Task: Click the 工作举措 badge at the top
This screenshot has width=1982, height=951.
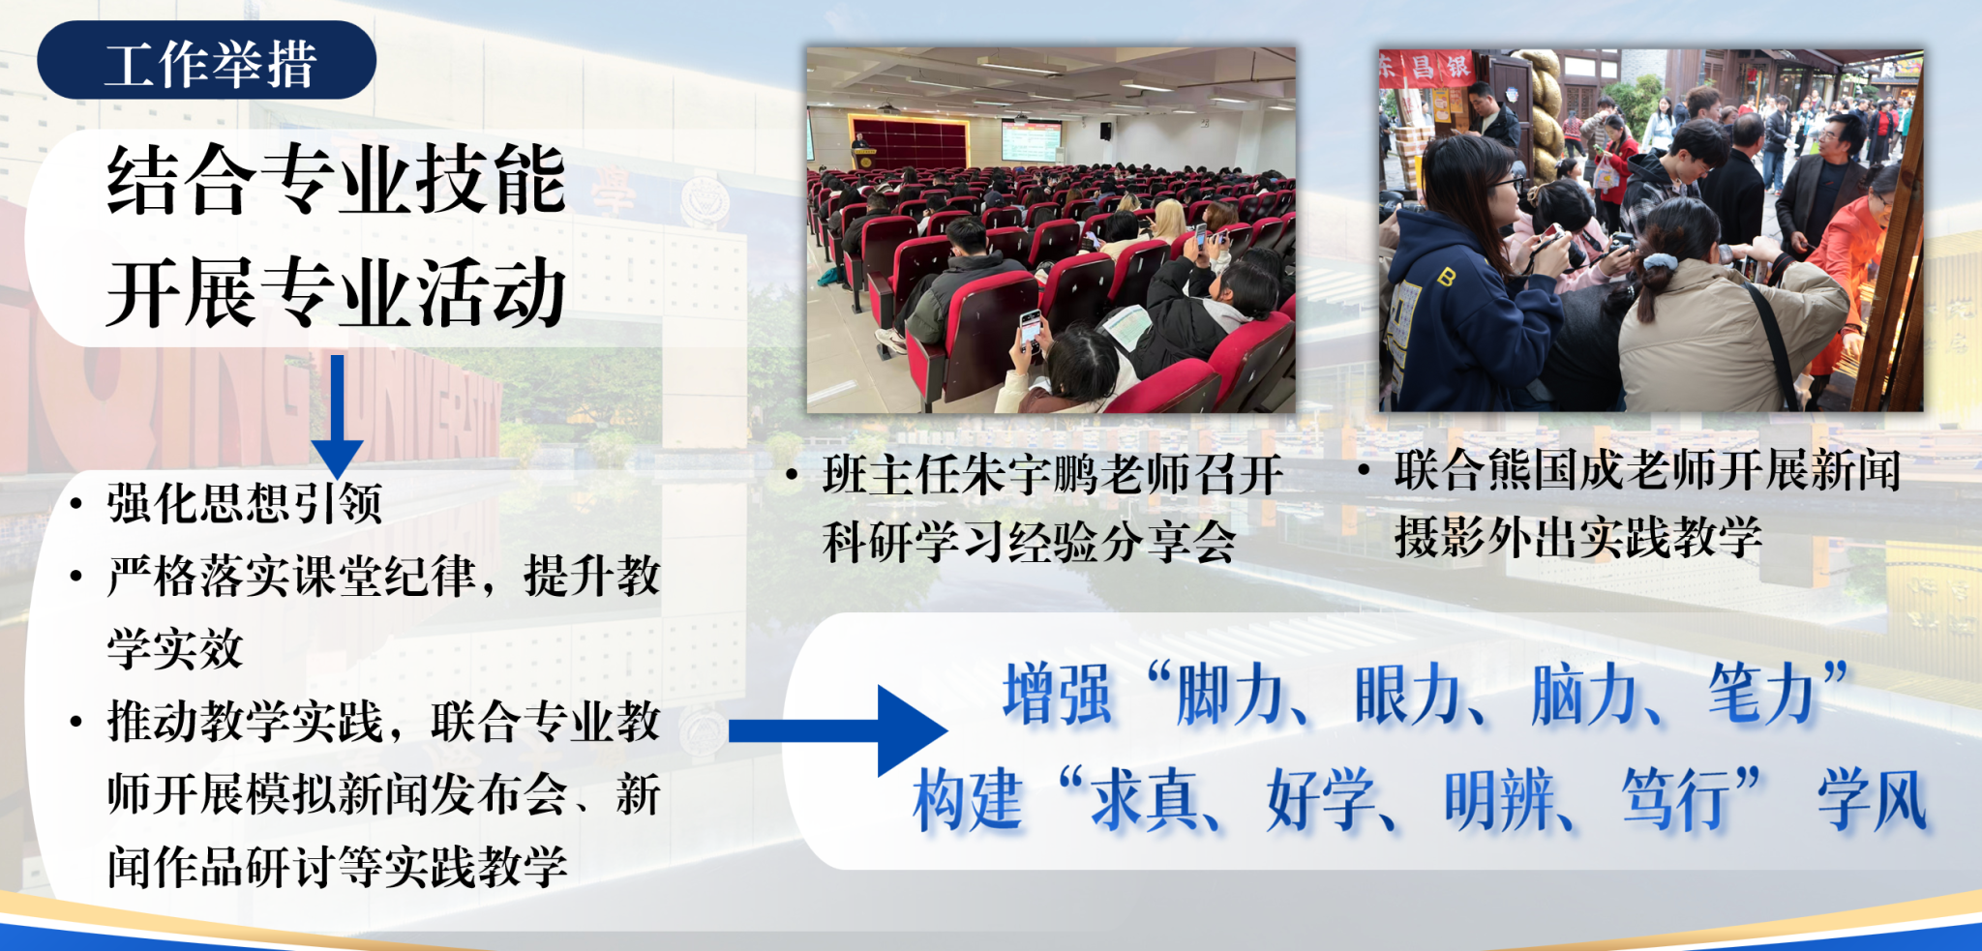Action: tap(206, 60)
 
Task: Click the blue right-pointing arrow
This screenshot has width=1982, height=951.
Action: tap(838, 730)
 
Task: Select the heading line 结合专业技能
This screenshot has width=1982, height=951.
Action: tap(336, 179)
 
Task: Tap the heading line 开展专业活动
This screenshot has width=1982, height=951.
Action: tap(336, 292)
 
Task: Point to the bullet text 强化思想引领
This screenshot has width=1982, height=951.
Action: tap(245, 503)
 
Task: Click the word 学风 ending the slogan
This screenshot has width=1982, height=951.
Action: tap(1874, 800)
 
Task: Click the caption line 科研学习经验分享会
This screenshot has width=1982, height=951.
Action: tap(1030, 542)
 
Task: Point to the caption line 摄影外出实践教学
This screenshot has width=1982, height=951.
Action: tap(1578, 537)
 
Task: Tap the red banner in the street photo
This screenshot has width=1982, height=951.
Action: tap(1426, 69)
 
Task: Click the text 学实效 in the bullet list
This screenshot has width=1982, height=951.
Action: tap(175, 648)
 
